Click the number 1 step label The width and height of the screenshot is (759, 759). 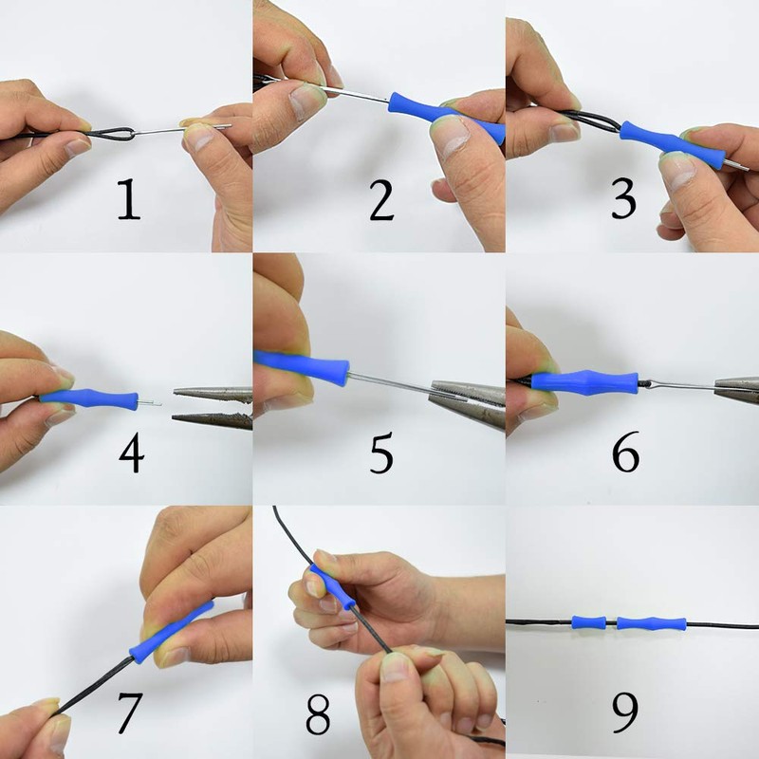[128, 201]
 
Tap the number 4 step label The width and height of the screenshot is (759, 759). [132, 454]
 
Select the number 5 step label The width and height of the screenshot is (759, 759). [381, 454]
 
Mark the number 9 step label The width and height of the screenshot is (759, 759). [626, 712]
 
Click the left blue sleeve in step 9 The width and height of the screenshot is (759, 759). [588, 623]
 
